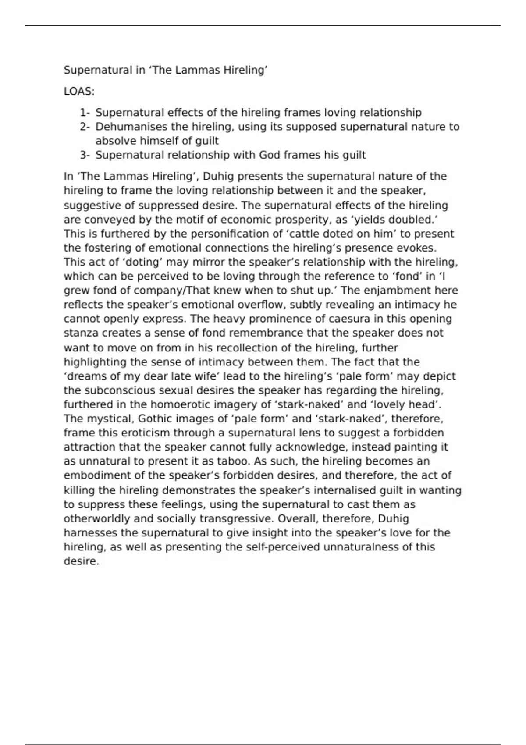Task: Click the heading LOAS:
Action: coord(79,92)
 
